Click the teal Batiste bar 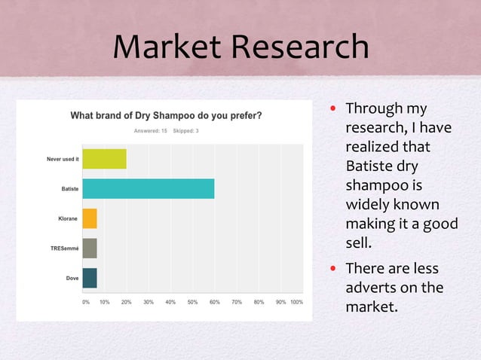coord(148,188)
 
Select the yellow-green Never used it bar coord(104,159)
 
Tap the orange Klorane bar coord(89,218)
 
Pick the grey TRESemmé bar coord(89,248)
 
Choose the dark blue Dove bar coord(89,278)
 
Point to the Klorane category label coord(68,218)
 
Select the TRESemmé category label coord(63,248)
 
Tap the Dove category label coord(72,278)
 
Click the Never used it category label coord(63,159)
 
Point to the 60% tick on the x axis coord(214,302)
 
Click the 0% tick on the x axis coord(85,302)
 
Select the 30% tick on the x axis coord(149,302)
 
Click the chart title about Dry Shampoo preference coord(166,116)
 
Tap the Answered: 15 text coord(150,131)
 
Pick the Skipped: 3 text coord(185,131)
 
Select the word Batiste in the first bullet coord(370,165)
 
